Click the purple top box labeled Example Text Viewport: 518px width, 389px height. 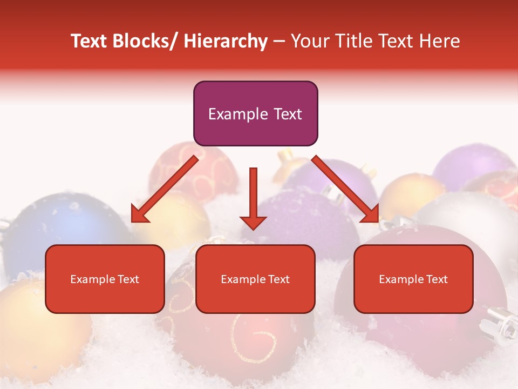coord(255,113)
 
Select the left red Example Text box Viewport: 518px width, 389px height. coord(105,279)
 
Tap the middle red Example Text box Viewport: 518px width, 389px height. coord(255,279)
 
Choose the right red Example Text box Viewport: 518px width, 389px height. coord(413,279)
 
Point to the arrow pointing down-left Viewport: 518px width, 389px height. coord(165,189)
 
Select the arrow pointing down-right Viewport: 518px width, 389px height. coord(346,189)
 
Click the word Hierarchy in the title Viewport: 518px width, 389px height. coord(226,41)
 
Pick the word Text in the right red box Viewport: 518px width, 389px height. coord(437,279)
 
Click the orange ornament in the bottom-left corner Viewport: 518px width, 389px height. coord(32,324)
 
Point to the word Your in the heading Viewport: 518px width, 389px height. coord(308,41)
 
